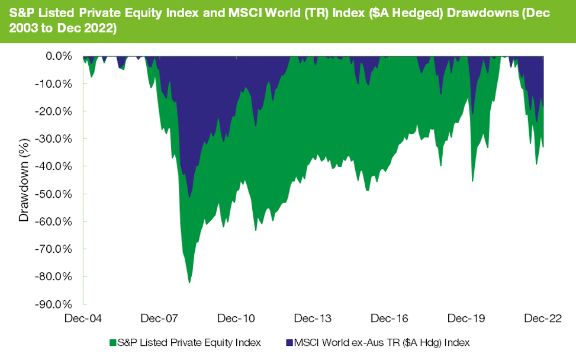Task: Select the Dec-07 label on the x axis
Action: pos(160,319)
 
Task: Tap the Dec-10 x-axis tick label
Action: pos(236,319)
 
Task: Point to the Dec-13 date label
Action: pos(313,319)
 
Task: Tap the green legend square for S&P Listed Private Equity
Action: pos(112,342)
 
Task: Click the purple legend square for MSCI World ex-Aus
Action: pos(289,342)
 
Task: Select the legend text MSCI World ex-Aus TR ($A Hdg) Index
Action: pos(382,342)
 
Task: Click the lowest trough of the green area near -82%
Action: pos(189,282)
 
